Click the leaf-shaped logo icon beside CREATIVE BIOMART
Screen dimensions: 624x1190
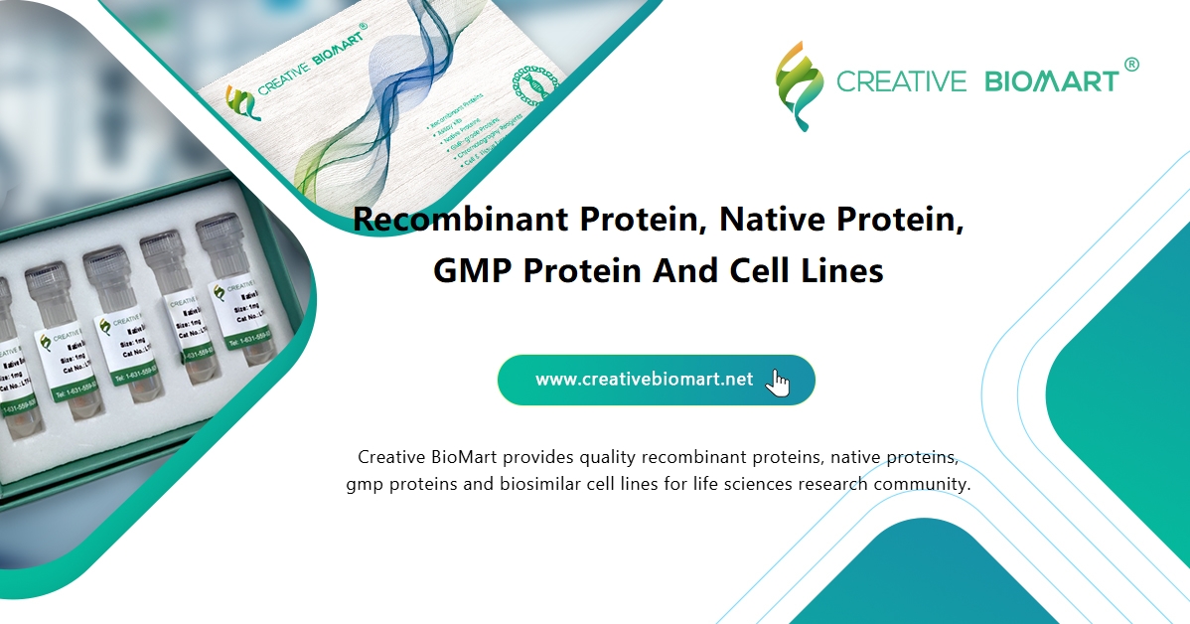(800, 84)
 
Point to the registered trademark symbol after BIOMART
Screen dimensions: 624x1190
(1130, 65)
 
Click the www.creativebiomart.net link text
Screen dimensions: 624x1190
(644, 380)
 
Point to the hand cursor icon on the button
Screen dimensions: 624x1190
(779, 383)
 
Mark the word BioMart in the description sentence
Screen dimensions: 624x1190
(464, 458)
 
